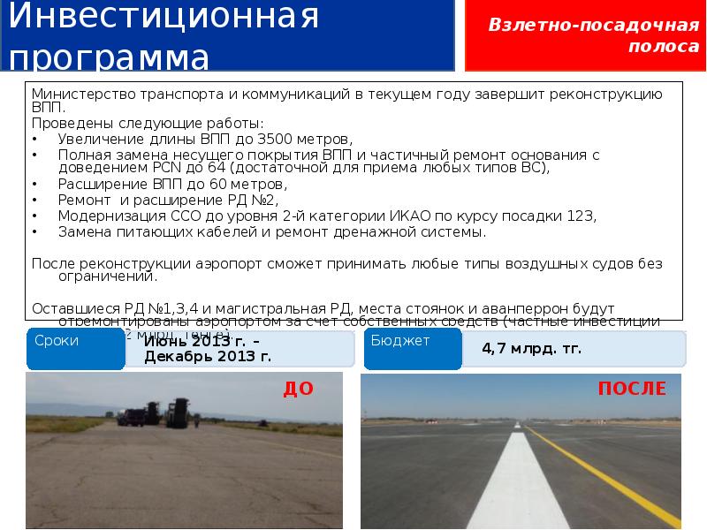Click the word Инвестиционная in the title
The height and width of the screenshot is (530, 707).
163,18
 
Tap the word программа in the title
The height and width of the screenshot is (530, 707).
110,57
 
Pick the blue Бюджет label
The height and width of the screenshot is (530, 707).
399,341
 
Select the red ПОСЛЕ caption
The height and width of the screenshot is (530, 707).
631,390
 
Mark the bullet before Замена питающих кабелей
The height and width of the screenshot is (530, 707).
34,231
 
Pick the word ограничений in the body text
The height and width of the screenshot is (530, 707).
105,276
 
